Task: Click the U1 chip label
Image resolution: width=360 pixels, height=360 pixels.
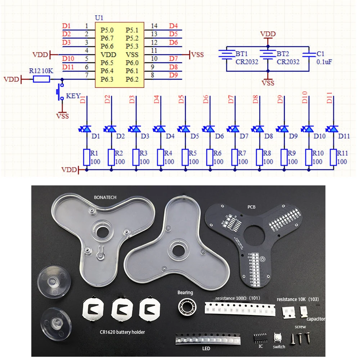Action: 99,18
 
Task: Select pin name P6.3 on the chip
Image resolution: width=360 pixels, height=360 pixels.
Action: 107,79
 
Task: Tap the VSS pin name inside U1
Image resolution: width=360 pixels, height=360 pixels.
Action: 132,54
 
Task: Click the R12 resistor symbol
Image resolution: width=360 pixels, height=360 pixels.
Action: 41,79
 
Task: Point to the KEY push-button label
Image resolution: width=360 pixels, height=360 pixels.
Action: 73,96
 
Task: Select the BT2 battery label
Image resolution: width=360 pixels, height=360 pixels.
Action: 283,54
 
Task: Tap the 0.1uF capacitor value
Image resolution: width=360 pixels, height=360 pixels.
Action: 324,62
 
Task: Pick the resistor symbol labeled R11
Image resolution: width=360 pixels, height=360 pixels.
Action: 333,157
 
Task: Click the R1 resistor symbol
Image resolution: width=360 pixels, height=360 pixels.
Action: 86,157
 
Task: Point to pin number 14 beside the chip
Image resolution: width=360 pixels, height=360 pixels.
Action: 154,26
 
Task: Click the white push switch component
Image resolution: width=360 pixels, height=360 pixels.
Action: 278,337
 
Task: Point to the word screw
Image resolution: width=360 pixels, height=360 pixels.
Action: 300,327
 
